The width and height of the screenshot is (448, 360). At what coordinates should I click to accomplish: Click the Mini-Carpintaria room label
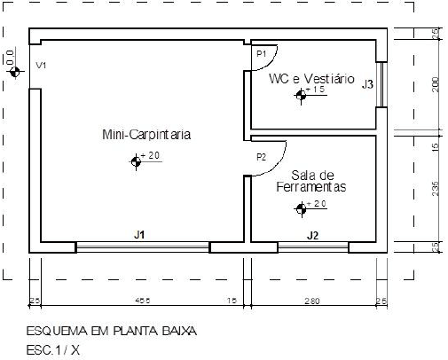(x=146, y=135)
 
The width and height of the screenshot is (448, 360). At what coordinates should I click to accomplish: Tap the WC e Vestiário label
(x=311, y=79)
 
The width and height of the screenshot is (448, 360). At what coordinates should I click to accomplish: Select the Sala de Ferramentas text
(x=310, y=181)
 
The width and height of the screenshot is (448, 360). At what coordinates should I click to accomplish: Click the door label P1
(x=262, y=55)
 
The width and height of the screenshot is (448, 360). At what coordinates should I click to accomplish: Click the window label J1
(x=139, y=235)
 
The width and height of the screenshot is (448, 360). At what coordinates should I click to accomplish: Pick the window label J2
(x=312, y=235)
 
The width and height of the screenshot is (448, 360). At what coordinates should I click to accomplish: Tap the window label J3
(x=366, y=84)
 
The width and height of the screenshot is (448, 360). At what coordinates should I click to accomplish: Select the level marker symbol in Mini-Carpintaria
(x=135, y=161)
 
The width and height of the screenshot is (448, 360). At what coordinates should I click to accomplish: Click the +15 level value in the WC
(x=318, y=90)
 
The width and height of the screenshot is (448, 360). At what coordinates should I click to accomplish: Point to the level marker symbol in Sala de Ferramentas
(x=301, y=209)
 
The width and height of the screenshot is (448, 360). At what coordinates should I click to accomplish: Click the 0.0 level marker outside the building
(x=13, y=72)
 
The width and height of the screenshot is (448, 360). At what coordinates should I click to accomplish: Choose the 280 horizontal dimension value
(x=310, y=302)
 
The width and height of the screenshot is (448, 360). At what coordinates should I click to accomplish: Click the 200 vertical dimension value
(x=436, y=85)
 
